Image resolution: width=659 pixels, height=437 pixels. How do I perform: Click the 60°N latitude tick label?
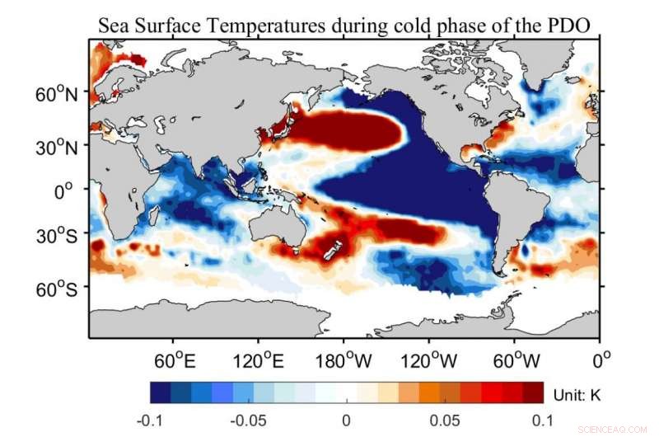[x=56, y=94]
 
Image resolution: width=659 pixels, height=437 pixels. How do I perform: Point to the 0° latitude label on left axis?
[x=68, y=190]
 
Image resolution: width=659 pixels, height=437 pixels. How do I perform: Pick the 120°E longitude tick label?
[x=257, y=360]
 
